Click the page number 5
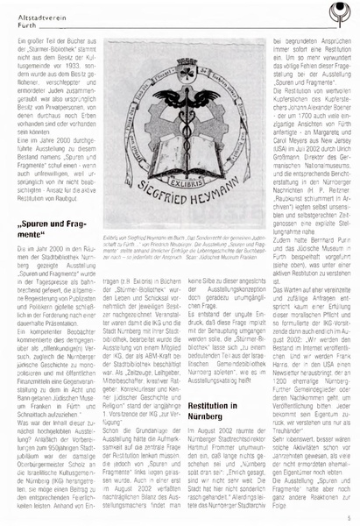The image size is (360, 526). coord(349,517)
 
